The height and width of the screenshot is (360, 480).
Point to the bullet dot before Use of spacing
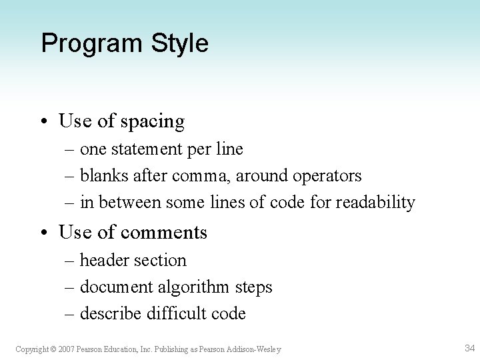45,121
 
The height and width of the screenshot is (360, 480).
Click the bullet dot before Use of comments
45,232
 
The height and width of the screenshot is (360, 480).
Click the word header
100,260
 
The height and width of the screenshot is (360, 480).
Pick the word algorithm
193,287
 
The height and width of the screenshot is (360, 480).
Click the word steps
253,287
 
